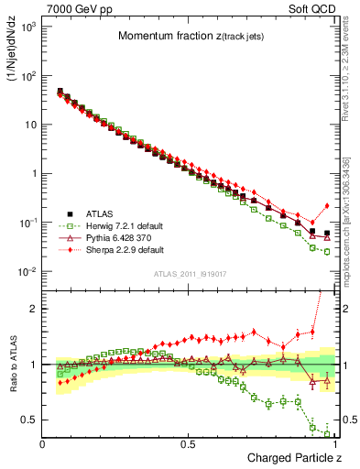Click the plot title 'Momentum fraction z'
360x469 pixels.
pyautogui.click(x=187, y=36)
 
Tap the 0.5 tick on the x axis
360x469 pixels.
pyautogui.click(x=189, y=444)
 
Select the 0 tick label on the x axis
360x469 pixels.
pyautogui.click(x=43, y=444)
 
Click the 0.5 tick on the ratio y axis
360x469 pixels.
pyautogui.click(x=30, y=420)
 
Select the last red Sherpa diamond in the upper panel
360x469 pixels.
pyautogui.click(x=327, y=206)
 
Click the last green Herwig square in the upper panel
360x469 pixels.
pyautogui.click(x=327, y=251)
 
